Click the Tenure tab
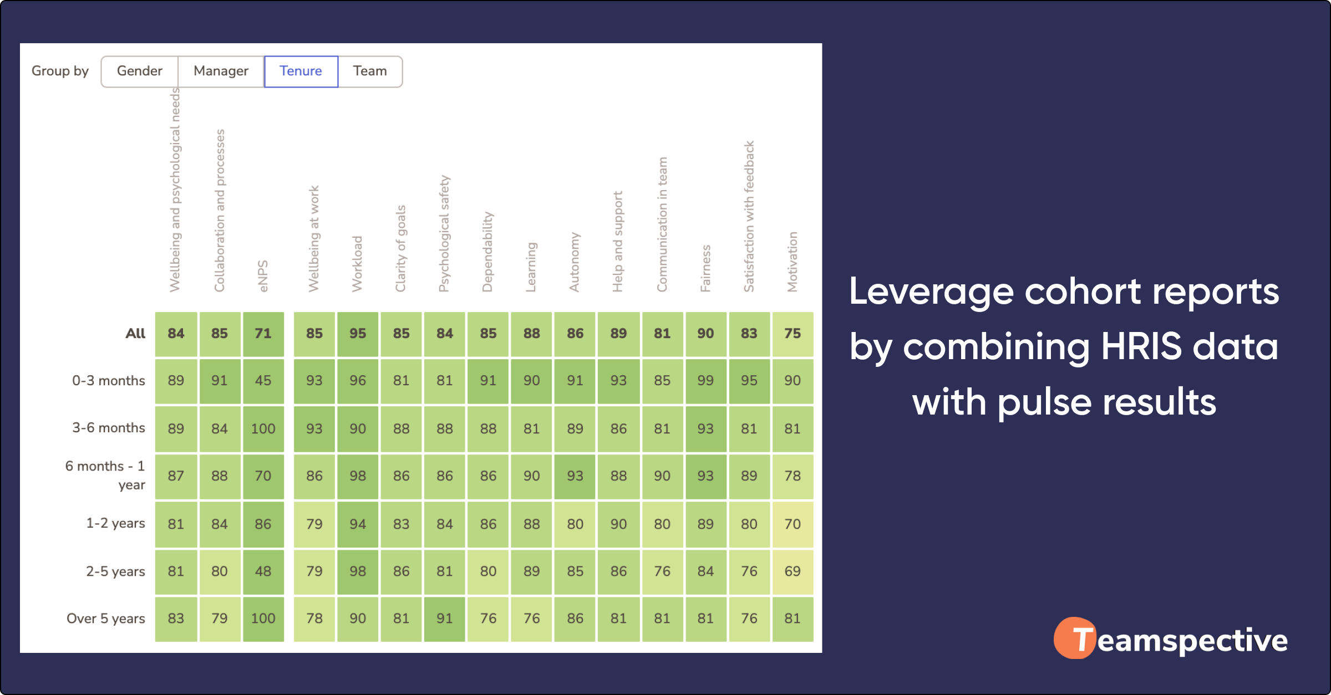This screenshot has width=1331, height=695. (301, 71)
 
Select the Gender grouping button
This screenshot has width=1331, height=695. (139, 71)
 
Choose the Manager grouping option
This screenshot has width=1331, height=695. (221, 71)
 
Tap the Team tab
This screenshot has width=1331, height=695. (370, 71)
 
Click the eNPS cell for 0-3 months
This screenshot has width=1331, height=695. (263, 381)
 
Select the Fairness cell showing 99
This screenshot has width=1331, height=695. (705, 381)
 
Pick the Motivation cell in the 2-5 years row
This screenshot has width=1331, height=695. (792, 571)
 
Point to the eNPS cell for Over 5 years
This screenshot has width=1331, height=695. (263, 619)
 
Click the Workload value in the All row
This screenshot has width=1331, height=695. (358, 334)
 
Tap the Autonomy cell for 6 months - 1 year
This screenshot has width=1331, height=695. (575, 476)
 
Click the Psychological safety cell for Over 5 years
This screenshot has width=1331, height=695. (445, 619)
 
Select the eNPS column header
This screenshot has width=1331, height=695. (263, 276)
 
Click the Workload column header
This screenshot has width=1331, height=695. (357, 264)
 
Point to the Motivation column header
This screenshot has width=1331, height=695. (792, 262)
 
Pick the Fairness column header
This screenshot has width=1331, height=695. (705, 268)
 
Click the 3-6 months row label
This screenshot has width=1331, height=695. (109, 428)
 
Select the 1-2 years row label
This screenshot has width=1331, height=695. (115, 523)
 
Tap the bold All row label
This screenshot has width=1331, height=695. (135, 334)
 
